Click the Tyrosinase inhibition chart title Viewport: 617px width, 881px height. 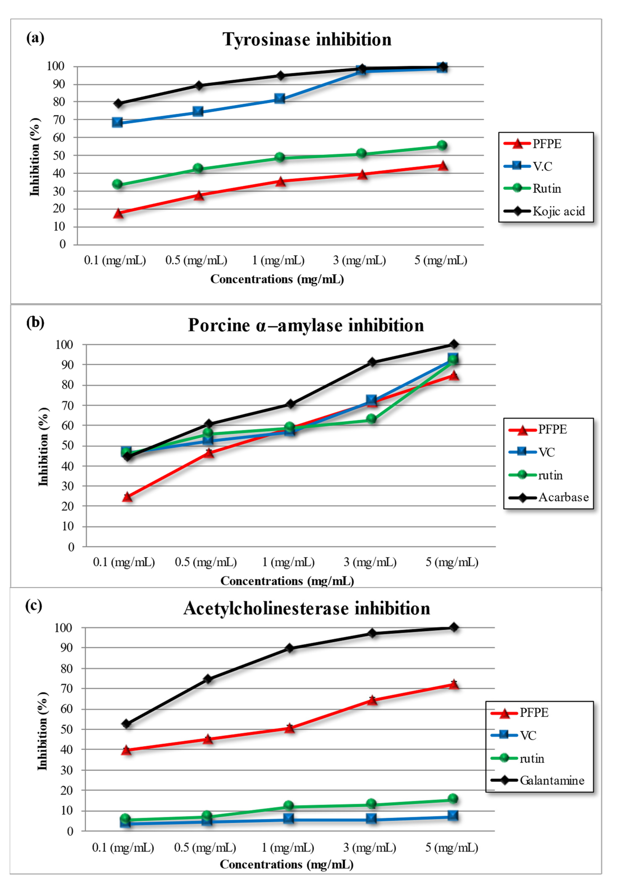(307, 40)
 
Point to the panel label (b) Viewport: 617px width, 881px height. (35, 322)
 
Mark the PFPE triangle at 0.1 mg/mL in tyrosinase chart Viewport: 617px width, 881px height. (118, 213)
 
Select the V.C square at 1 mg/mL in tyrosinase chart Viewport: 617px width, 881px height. (280, 99)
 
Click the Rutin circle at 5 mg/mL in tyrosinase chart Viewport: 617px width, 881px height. (442, 145)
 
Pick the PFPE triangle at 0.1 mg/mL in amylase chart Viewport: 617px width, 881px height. (127, 497)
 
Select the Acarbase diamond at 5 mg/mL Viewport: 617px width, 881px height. (454, 344)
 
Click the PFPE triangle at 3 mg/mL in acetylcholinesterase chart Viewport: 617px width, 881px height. (371, 700)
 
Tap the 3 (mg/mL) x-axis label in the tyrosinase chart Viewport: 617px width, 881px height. (359, 260)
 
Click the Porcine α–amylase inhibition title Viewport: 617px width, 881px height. (306, 325)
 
